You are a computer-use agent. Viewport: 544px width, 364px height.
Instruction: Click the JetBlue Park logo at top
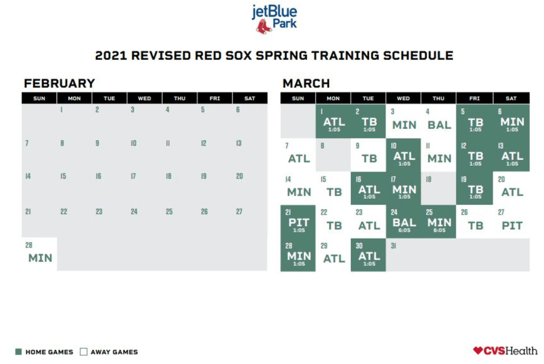[274, 18]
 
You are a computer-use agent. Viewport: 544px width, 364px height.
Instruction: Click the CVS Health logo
[505, 351]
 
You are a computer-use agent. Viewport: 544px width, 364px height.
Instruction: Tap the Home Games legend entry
[44, 352]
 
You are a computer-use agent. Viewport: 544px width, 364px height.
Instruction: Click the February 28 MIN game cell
[39, 255]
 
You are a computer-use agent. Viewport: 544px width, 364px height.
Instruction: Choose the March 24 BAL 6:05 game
[404, 222]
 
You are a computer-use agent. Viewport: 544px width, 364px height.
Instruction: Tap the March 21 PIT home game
[298, 222]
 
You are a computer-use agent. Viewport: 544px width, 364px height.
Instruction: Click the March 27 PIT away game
[511, 222]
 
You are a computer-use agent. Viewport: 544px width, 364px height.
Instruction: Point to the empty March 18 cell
[439, 189]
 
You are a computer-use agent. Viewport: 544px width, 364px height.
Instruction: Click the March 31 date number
[393, 246]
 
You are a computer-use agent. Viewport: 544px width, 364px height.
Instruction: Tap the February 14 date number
[27, 176]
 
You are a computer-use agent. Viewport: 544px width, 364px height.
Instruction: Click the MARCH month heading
[306, 84]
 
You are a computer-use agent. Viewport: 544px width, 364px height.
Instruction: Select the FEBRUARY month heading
[59, 84]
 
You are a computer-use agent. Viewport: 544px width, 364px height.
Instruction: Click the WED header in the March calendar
[404, 99]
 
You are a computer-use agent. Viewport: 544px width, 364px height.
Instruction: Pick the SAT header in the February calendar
[250, 99]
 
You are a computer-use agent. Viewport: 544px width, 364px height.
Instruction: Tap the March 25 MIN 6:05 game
[439, 222]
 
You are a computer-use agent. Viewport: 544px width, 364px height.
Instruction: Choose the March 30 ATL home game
[369, 255]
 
